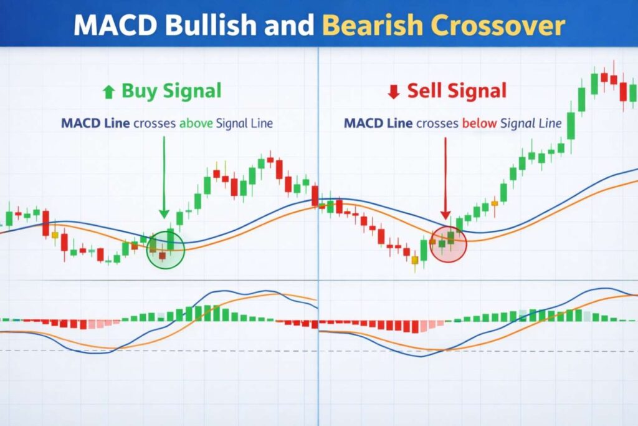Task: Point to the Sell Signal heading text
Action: pyautogui.click(x=457, y=91)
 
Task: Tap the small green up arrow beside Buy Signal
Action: pyautogui.click(x=108, y=92)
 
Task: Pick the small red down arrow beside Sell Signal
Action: pyautogui.click(x=393, y=92)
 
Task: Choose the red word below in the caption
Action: pyautogui.click(x=480, y=123)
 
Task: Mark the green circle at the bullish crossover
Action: pyautogui.click(x=165, y=249)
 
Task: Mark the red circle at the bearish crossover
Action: pyautogui.click(x=449, y=244)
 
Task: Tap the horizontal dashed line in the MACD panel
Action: pyautogui.click(x=187, y=351)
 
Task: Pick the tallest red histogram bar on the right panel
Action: pyautogui.click(x=399, y=326)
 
